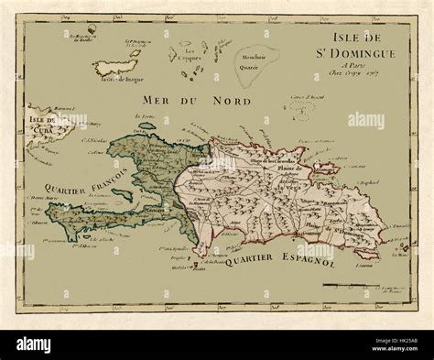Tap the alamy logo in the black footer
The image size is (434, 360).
pos(46,344)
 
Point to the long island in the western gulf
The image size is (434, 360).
pos(123,194)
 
